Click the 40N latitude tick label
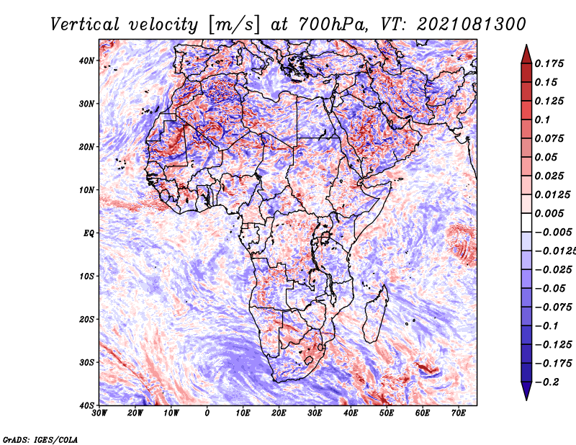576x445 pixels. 86,60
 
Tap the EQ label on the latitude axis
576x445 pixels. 89,233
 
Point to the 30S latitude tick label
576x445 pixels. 86,363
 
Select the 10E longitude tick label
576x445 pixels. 243,413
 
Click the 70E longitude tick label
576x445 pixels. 459,413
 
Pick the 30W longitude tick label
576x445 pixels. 99,413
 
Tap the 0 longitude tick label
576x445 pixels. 207,413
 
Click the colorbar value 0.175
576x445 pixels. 549,63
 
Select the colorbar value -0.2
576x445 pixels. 547,382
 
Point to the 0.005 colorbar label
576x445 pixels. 549,213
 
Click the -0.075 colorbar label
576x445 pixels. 554,307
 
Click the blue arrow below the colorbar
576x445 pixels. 526,391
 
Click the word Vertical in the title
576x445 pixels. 85,24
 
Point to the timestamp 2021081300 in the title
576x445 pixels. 472,24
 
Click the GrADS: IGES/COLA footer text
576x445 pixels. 40,440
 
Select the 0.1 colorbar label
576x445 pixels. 542,120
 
